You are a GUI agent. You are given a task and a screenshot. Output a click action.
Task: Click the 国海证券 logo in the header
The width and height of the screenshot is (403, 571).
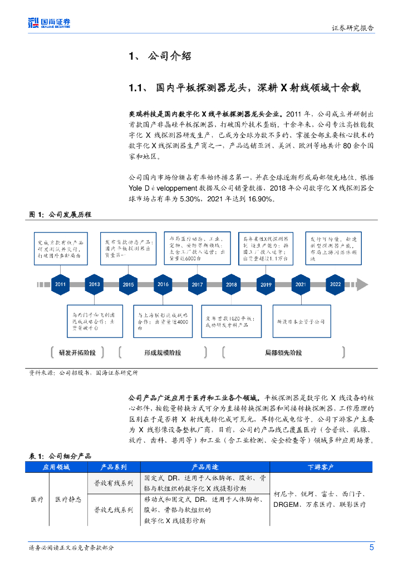click(50, 23)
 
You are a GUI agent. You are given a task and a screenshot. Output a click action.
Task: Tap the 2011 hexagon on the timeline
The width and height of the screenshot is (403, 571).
click(60, 284)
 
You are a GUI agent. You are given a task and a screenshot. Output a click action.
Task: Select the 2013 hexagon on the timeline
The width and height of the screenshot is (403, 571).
click(94, 284)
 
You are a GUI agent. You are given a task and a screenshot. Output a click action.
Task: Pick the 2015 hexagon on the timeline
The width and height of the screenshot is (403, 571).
click(129, 284)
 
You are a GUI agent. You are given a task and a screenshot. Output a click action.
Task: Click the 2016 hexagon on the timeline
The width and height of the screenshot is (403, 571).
click(163, 284)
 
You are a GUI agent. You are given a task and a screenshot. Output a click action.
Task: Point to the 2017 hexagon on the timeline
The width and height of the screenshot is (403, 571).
click(197, 284)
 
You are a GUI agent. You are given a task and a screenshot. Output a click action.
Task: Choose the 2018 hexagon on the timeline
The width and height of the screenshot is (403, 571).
click(231, 284)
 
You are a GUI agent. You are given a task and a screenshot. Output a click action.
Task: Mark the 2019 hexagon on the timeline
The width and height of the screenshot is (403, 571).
click(266, 284)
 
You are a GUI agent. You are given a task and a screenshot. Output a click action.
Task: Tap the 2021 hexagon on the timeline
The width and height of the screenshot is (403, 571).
click(301, 284)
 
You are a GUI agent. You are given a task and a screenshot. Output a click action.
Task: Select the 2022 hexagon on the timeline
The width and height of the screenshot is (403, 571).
click(335, 284)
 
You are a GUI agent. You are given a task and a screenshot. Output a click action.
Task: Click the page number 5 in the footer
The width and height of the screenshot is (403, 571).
click(371, 547)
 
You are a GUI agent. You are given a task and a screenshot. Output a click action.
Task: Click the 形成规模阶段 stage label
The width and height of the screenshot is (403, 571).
click(163, 352)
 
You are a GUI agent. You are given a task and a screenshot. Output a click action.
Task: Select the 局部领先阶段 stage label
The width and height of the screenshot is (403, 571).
click(283, 352)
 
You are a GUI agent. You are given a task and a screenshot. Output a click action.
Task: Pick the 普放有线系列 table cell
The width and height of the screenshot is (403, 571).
click(114, 483)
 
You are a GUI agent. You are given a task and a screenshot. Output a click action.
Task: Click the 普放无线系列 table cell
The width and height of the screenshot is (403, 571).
click(114, 510)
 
